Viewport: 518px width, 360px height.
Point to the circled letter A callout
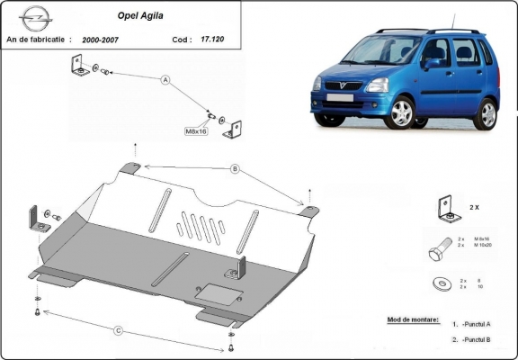[165, 80]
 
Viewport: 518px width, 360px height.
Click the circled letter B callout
[235, 167]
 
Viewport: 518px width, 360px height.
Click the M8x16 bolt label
[197, 131]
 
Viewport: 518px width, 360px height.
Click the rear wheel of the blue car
[486, 114]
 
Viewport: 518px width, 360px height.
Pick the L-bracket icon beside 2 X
[444, 208]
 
